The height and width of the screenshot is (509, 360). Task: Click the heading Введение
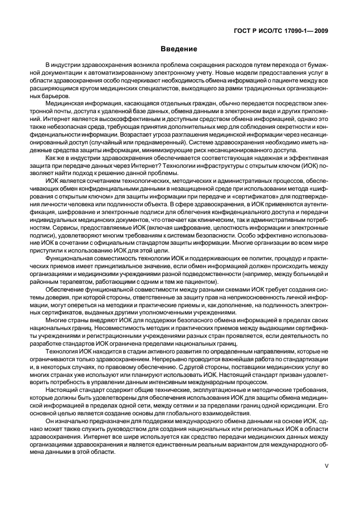click(x=180, y=49)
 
